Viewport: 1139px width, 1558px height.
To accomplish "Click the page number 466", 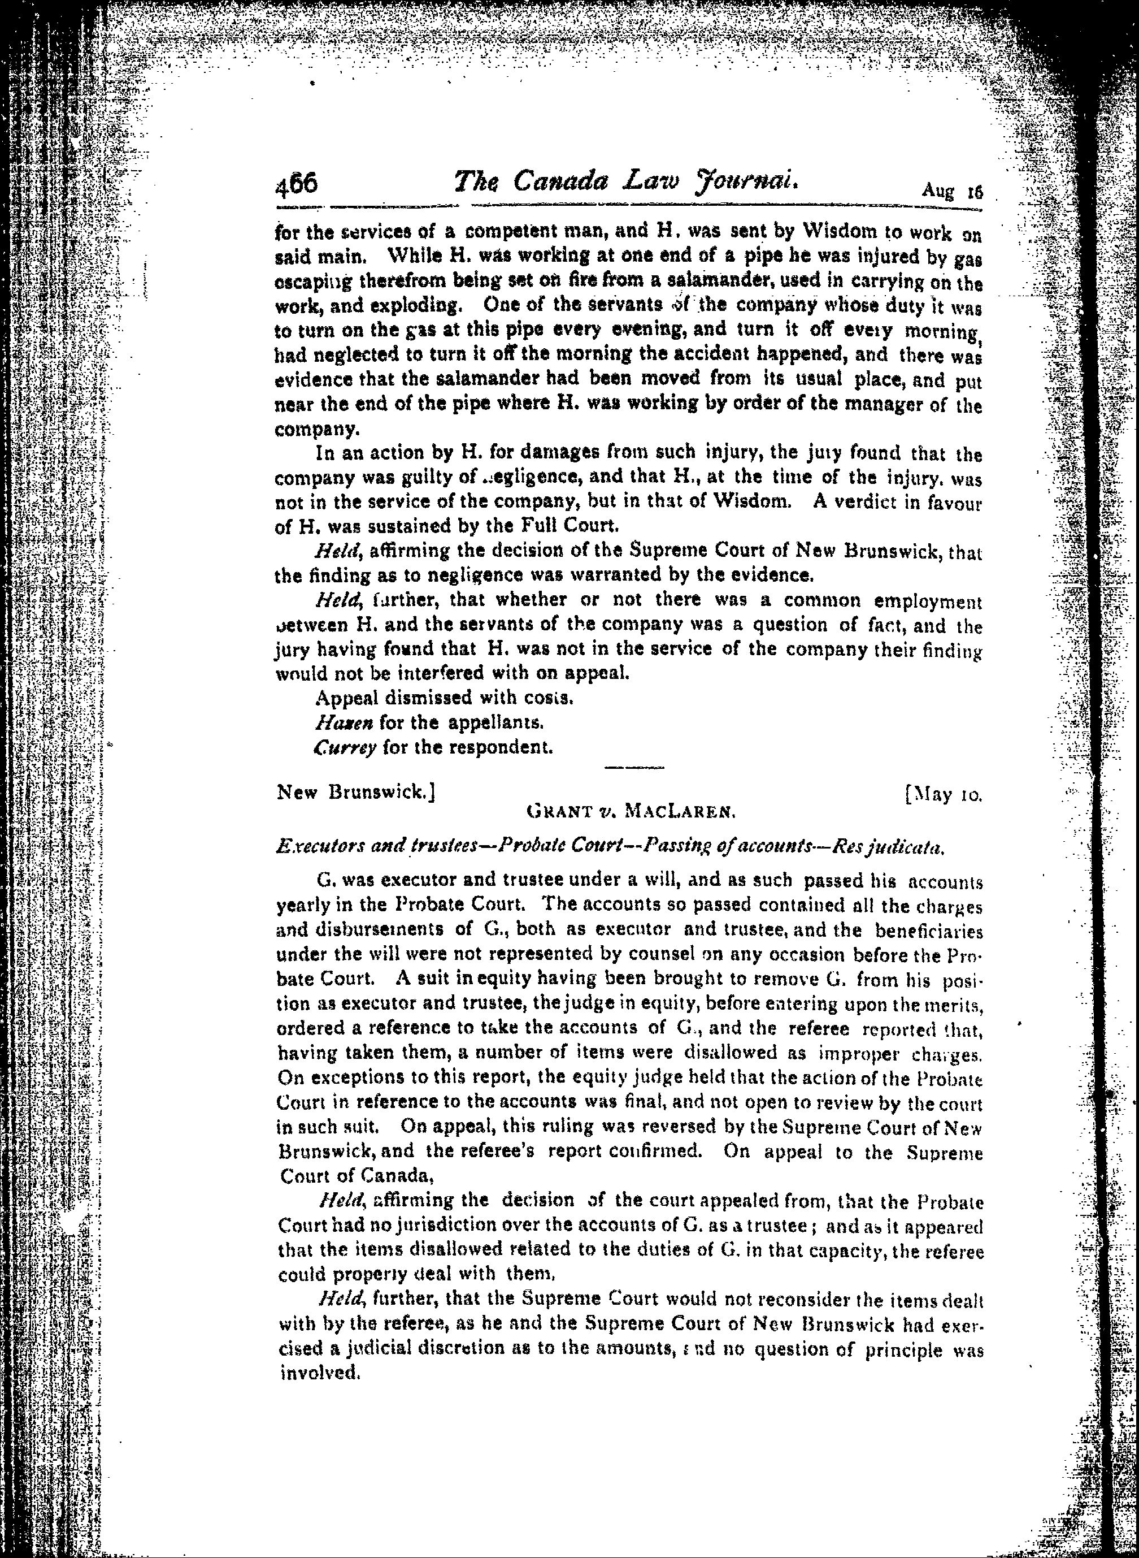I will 296,185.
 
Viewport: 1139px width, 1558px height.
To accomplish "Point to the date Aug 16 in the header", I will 951,191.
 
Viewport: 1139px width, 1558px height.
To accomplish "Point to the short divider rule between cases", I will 633,767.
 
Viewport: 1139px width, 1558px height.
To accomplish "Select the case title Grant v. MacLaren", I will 632,812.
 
